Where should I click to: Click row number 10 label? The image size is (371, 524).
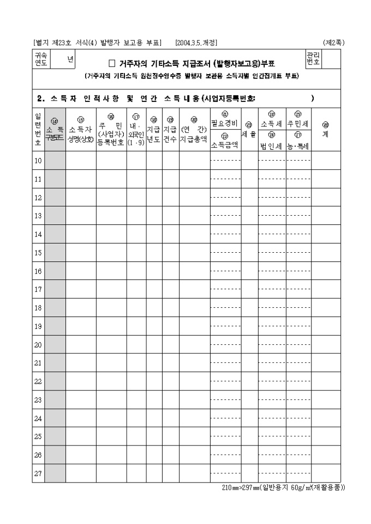pos(38,161)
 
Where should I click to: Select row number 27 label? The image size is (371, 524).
pos(38,473)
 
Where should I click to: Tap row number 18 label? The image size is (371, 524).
pos(38,308)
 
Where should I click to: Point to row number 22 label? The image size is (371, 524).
pos(38,381)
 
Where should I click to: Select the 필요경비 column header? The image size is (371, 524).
pos(225,123)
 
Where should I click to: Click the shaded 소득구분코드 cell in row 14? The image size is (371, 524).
pos(55,234)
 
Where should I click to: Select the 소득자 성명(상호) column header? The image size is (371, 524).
pos(81,133)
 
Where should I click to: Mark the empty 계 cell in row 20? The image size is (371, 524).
pos(325,345)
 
